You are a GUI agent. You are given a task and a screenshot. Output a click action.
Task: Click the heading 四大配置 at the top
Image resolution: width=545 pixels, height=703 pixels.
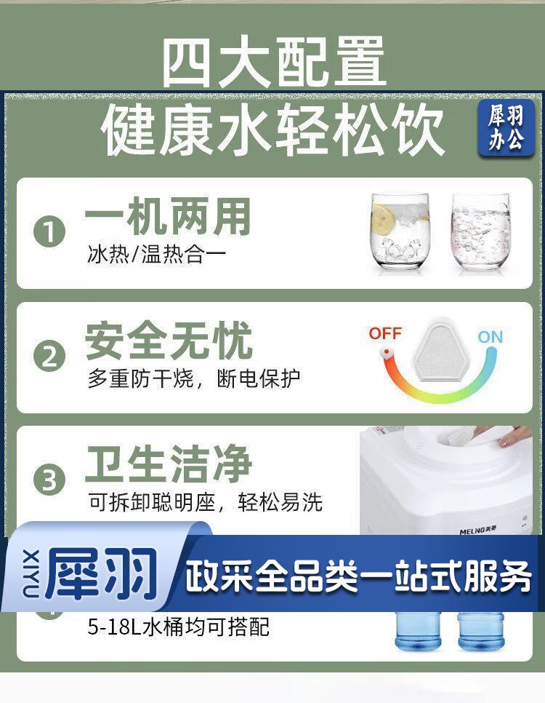(x=274, y=62)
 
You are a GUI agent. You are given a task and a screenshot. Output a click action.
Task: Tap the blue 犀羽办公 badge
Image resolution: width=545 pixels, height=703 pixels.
(x=506, y=128)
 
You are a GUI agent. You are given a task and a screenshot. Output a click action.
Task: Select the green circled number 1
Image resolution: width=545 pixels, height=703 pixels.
(x=49, y=232)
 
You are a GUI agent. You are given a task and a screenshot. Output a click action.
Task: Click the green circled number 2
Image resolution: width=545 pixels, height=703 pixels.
(x=49, y=356)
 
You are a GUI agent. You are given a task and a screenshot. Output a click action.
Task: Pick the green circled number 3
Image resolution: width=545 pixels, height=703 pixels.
(x=49, y=480)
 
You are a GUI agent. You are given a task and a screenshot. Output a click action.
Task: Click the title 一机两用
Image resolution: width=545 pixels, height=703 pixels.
(x=167, y=218)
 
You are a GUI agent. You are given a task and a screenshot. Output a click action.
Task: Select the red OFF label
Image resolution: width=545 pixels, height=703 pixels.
(x=385, y=333)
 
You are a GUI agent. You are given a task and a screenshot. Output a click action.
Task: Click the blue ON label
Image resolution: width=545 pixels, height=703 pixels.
(x=490, y=337)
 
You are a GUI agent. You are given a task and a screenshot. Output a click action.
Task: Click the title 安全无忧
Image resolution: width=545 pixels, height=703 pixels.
(x=169, y=341)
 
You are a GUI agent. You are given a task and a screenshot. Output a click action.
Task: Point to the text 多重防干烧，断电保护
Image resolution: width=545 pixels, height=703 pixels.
(x=193, y=378)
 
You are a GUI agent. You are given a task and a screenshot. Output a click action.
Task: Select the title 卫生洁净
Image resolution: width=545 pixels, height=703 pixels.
(x=169, y=464)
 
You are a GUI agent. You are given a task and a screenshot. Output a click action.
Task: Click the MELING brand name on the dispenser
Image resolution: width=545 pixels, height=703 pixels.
(x=478, y=531)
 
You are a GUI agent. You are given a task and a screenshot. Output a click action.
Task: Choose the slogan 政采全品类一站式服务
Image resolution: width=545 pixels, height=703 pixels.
(x=358, y=576)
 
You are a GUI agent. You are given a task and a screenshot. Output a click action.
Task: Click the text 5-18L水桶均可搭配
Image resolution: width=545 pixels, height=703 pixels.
(x=178, y=627)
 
